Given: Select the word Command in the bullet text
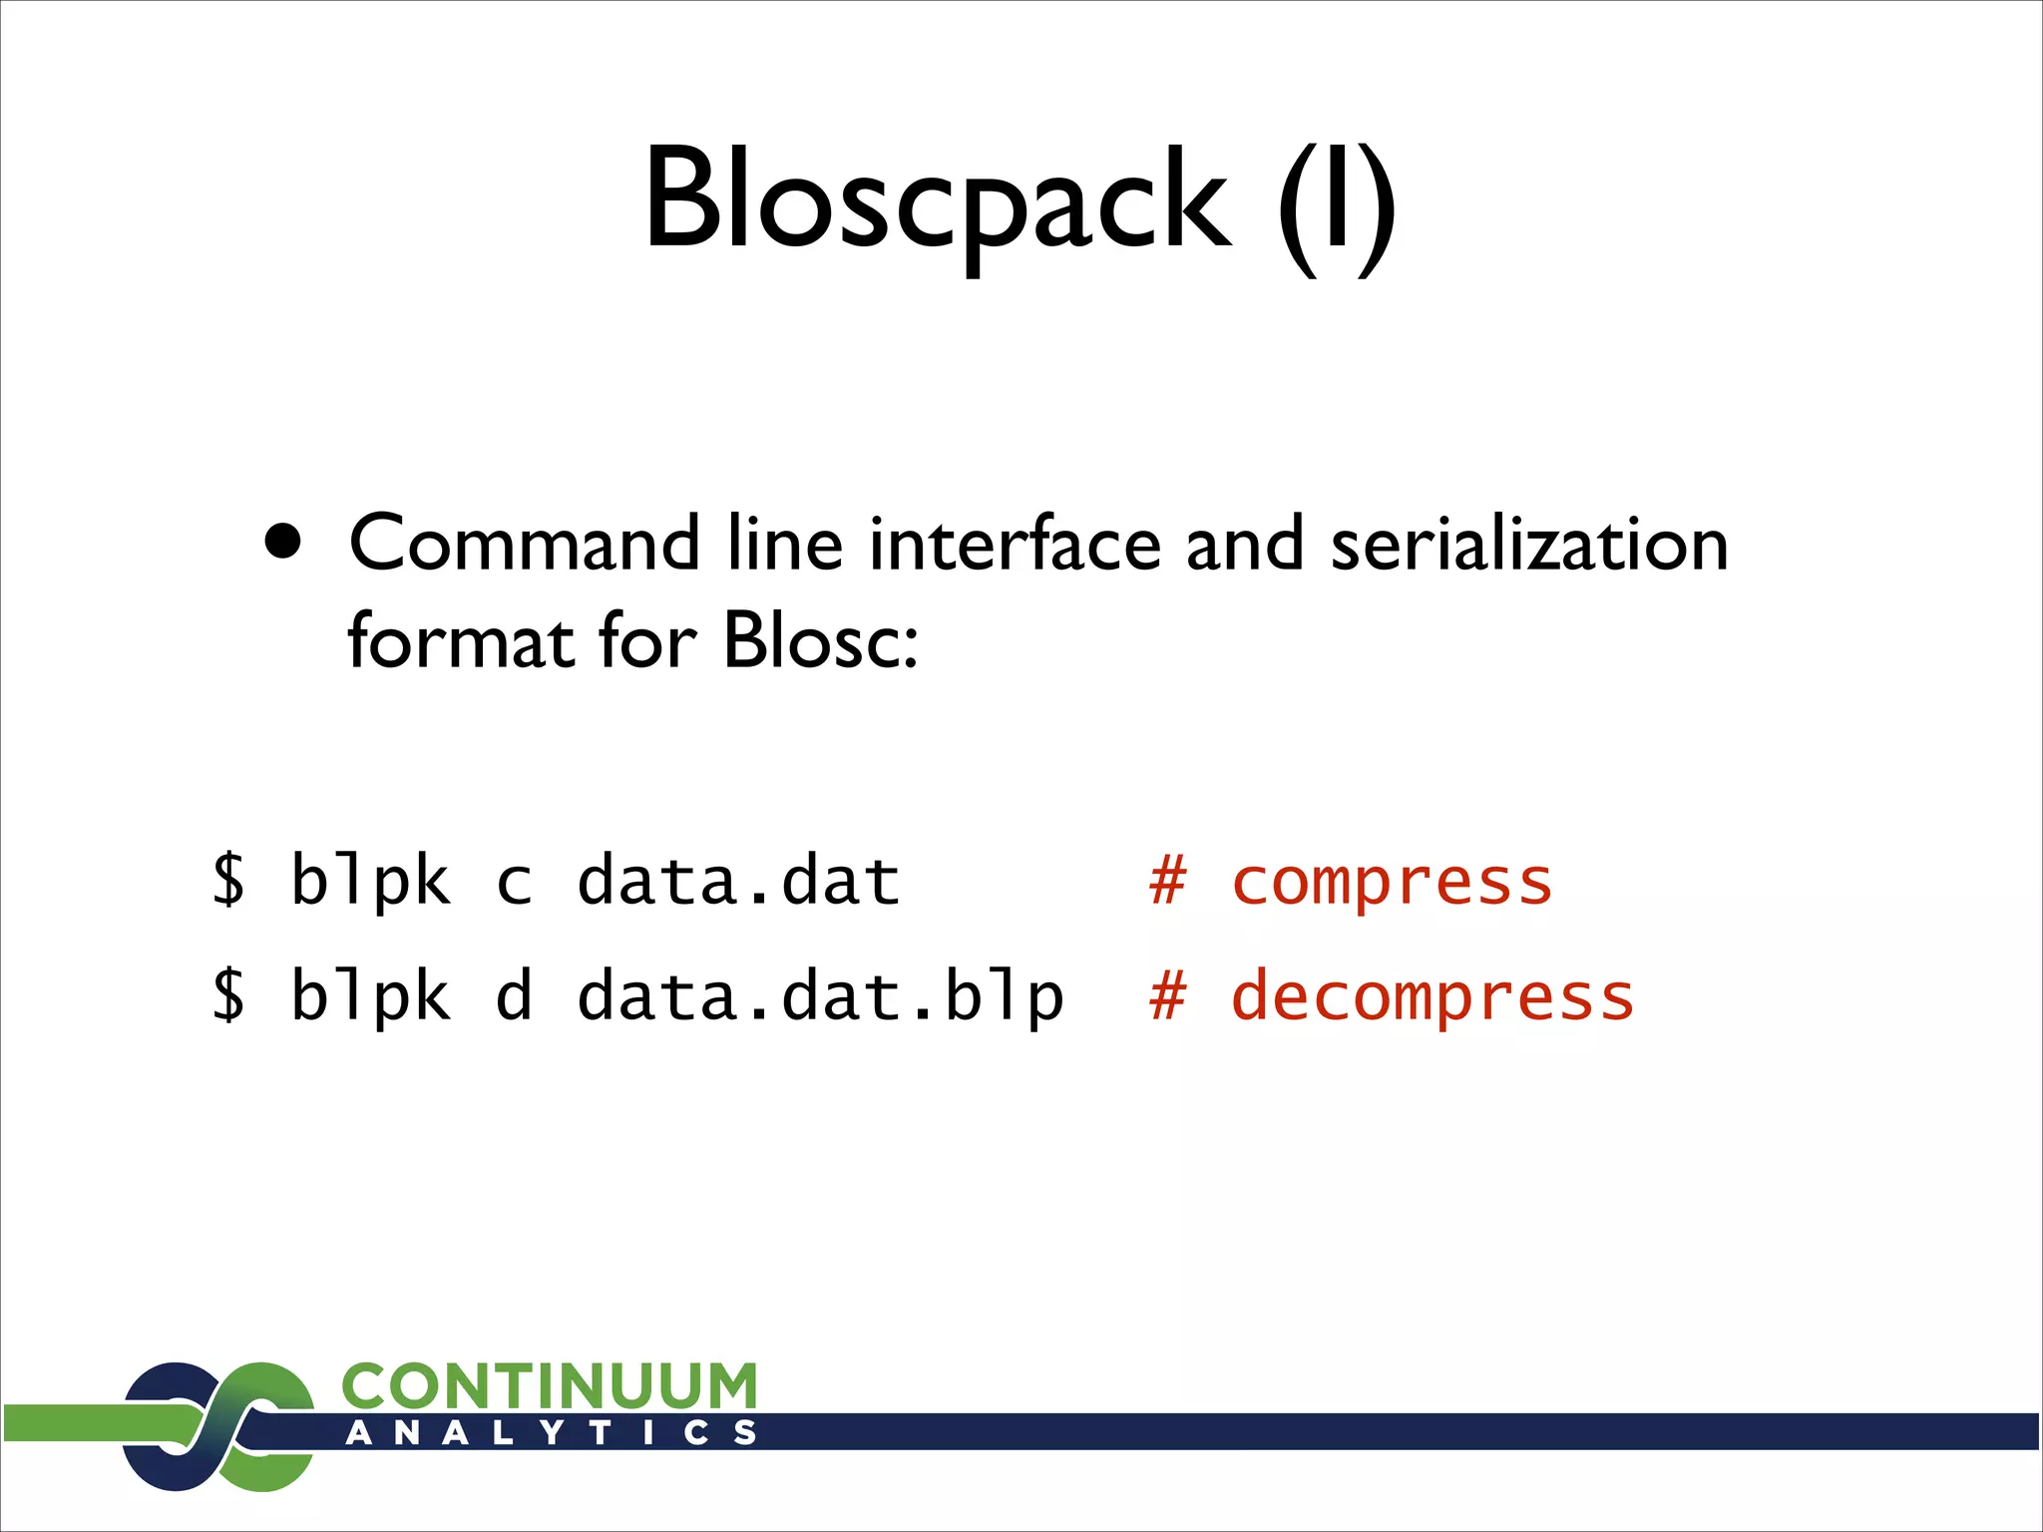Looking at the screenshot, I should [x=525, y=545].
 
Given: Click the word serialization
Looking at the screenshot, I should [x=1528, y=545].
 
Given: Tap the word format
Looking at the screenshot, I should [x=460, y=640].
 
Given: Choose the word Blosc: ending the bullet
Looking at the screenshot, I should [x=820, y=640].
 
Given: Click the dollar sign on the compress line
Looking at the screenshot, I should [x=228, y=880].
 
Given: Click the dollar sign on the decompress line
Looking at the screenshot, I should [x=228, y=995].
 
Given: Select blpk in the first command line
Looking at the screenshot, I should [x=370, y=880].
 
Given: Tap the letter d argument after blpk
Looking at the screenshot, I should [x=514, y=995].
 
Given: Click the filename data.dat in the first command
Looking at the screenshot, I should [x=739, y=880].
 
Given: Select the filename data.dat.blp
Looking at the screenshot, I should [x=821, y=995].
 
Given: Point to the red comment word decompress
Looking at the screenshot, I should [x=1432, y=995].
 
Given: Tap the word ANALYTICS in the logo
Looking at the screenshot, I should [x=552, y=1433].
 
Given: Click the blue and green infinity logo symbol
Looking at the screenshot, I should [x=218, y=1426].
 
